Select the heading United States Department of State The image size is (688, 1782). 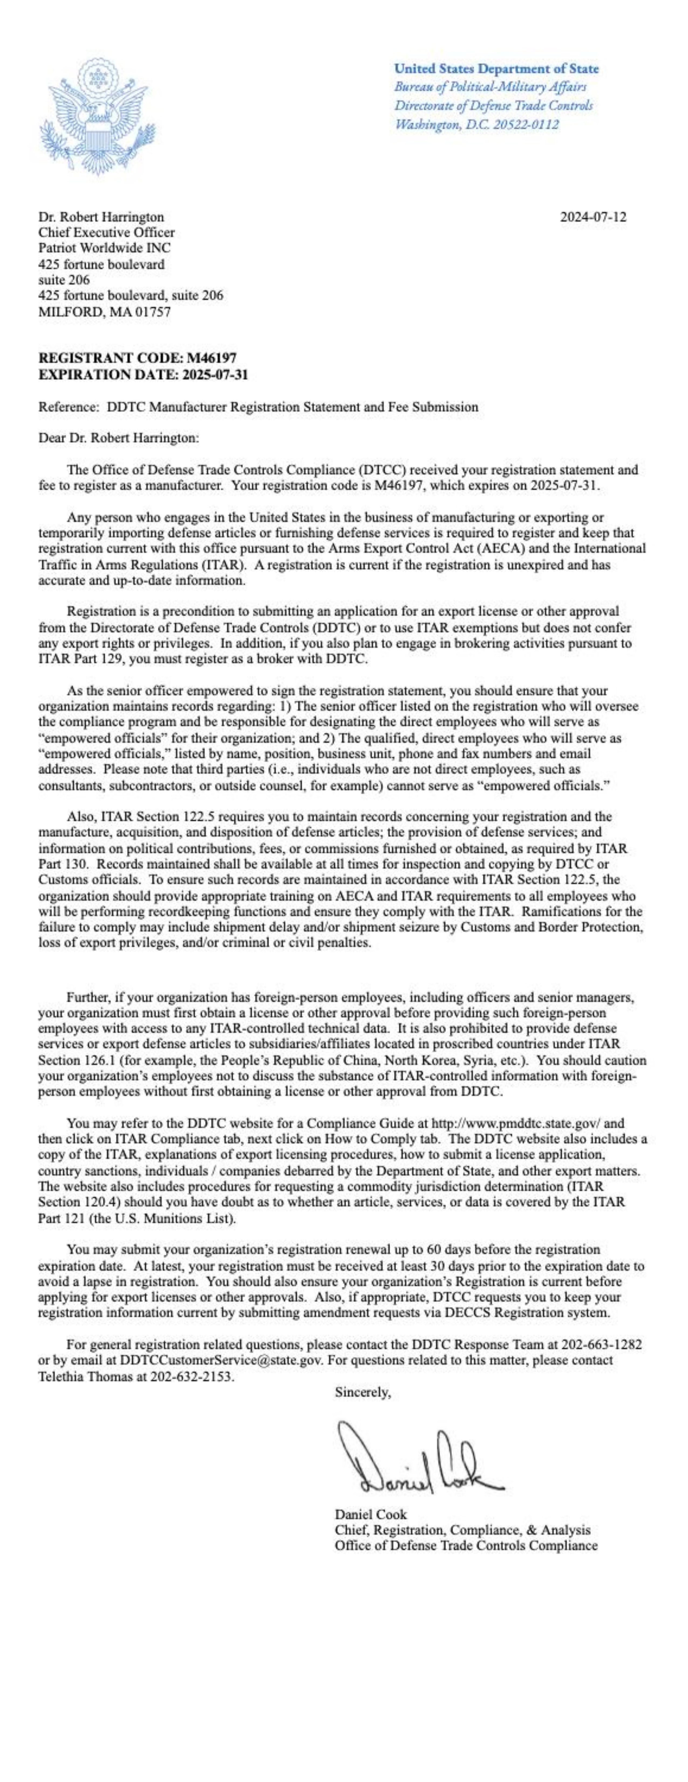tap(496, 69)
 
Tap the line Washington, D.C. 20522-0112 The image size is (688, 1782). tap(476, 124)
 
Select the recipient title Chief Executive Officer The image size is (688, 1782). tap(107, 232)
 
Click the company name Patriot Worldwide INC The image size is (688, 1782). tap(104, 248)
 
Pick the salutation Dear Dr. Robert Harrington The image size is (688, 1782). tap(118, 438)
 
